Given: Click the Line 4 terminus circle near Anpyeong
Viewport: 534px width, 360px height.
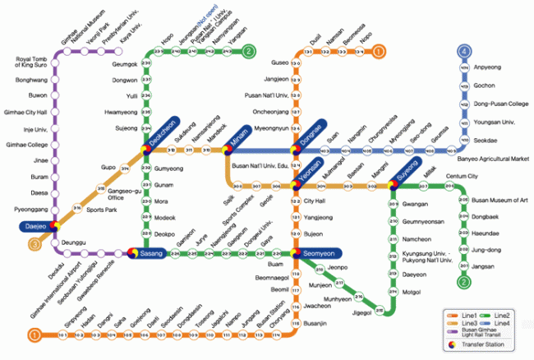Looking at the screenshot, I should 464,51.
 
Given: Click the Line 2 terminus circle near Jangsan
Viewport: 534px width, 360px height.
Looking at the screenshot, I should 464,282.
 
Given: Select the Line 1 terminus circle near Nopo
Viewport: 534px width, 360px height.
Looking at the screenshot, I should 379,51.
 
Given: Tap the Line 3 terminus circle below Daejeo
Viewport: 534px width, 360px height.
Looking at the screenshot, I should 35,244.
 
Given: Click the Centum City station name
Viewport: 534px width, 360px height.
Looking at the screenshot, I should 462,177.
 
